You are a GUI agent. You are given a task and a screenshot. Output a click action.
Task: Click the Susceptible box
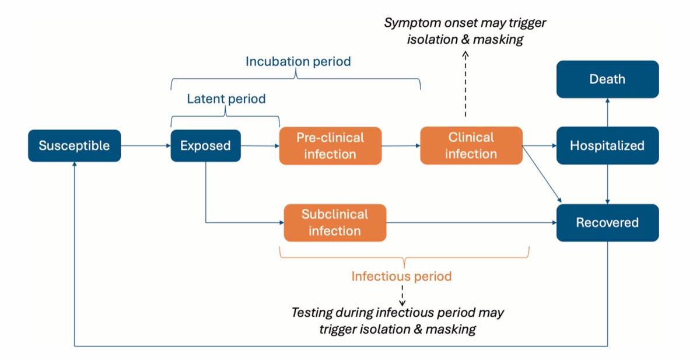(75, 146)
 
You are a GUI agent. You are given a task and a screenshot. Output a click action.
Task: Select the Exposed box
(205, 146)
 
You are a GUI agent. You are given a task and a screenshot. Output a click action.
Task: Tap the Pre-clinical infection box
(330, 146)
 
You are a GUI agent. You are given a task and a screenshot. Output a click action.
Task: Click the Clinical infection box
(471, 145)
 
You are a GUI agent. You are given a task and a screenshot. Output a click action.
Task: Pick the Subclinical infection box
(335, 222)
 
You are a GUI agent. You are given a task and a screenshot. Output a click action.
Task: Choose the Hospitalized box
(607, 145)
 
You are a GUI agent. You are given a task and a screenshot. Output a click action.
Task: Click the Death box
(607, 79)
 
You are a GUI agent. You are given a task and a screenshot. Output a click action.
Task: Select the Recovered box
(607, 222)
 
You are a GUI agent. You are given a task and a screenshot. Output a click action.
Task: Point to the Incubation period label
(298, 62)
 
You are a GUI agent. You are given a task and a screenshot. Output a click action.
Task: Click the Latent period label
(226, 99)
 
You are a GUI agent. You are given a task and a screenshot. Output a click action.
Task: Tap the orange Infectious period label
(401, 276)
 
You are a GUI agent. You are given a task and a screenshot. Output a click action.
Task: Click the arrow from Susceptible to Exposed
(146, 146)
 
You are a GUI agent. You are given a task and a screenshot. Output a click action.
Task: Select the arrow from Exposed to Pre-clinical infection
(260, 146)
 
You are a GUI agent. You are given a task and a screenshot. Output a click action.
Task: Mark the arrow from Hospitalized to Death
(607, 113)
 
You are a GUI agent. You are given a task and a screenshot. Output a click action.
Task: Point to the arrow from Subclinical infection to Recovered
(471, 222)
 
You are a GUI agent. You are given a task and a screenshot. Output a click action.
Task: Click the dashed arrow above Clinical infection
(466, 84)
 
